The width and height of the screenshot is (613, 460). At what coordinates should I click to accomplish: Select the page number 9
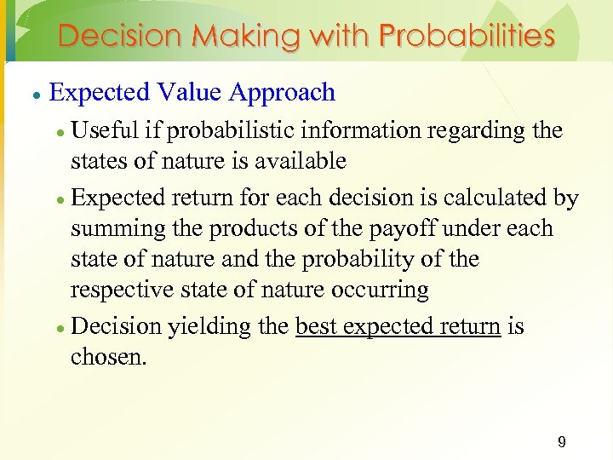[x=561, y=441]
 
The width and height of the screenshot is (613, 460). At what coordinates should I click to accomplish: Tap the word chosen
[x=107, y=356]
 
